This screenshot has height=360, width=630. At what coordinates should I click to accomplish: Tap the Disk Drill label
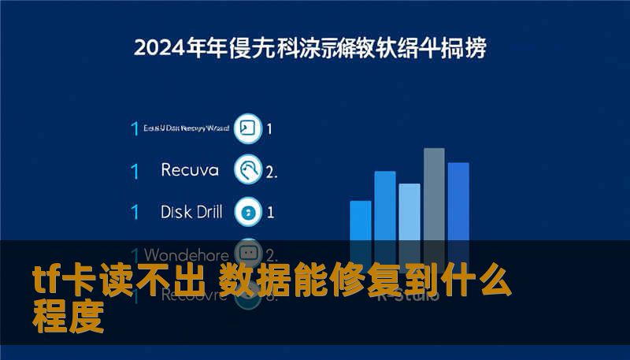pyautogui.click(x=191, y=211)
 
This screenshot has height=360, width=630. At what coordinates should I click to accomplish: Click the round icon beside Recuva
pyautogui.click(x=249, y=169)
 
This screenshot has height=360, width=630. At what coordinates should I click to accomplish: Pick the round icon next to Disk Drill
pyautogui.click(x=249, y=211)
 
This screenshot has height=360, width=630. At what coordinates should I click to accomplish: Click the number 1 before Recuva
pyautogui.click(x=135, y=170)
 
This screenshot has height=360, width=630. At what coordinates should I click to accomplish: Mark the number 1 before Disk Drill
pyautogui.click(x=135, y=212)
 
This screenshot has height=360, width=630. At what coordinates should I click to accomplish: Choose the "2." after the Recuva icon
pyautogui.click(x=272, y=171)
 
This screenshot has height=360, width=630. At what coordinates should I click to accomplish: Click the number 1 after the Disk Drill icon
pyautogui.click(x=270, y=212)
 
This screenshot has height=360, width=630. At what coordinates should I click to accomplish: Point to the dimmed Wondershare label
pyautogui.click(x=187, y=254)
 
